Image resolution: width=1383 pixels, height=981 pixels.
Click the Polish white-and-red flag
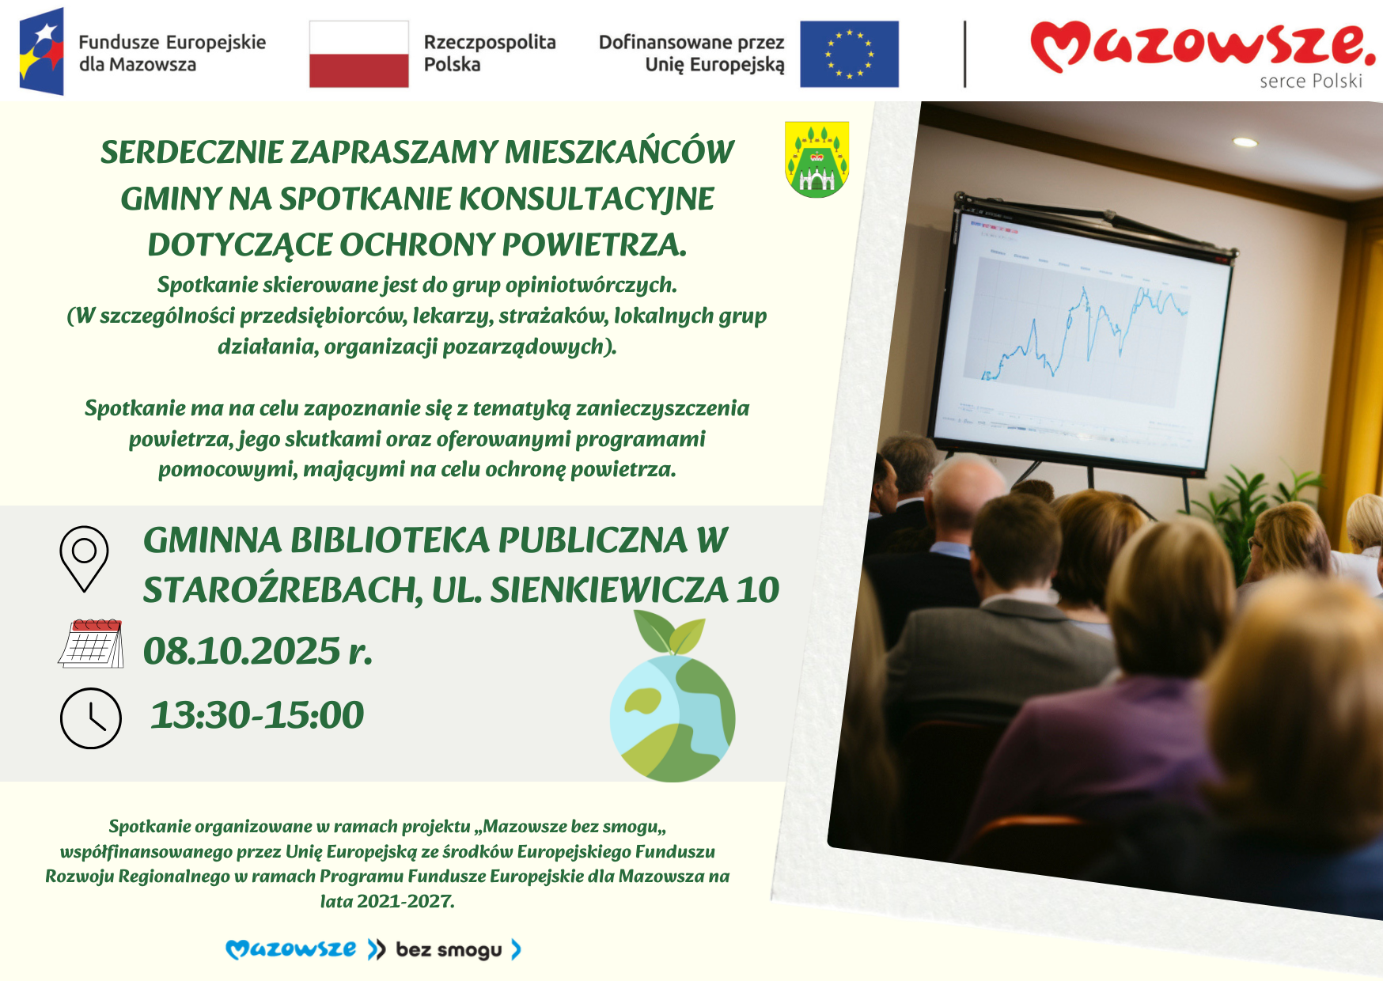[358, 54]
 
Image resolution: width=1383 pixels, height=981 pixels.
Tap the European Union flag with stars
[849, 54]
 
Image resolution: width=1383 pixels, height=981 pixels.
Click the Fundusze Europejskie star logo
[42, 51]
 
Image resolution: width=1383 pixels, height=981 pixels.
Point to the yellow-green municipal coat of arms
[817, 158]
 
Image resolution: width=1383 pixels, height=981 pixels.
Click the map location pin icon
[84, 559]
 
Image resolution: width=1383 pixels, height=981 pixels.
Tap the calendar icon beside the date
[91, 643]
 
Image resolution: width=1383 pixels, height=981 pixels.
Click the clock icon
[91, 718]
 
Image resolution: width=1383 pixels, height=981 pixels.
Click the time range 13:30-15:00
[257, 715]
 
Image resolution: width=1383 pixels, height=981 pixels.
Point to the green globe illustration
[673, 716]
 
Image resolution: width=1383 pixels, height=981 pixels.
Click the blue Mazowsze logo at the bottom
[291, 949]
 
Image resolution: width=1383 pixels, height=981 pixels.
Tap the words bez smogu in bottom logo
[449, 949]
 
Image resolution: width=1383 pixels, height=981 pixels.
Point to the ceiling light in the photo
[1245, 142]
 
